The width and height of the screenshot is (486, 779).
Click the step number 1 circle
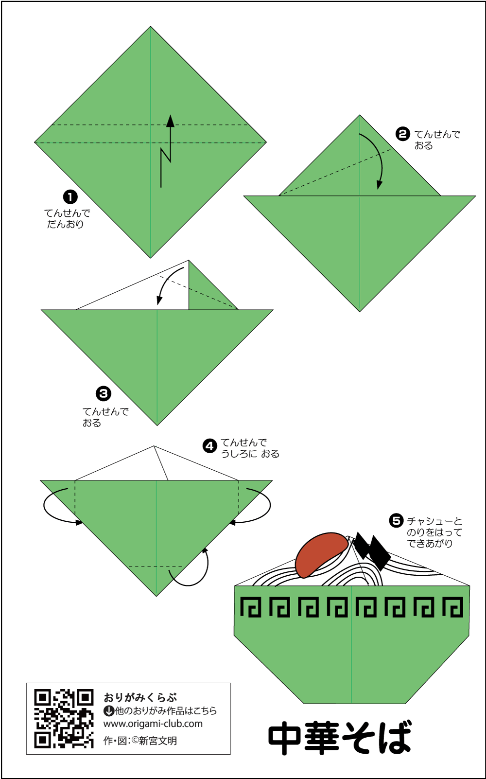[x=70, y=197]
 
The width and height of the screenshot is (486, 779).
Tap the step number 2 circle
[x=402, y=134]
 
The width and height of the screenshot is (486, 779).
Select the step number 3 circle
[x=103, y=394]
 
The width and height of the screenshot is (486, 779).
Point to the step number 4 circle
[x=209, y=446]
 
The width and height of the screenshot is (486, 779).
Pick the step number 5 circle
[x=396, y=521]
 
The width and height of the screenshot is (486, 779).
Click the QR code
[x=64, y=719]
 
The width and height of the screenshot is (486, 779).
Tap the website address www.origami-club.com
[x=153, y=724]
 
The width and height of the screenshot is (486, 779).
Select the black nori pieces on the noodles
[x=372, y=551]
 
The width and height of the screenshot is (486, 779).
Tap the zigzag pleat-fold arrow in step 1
[x=166, y=151]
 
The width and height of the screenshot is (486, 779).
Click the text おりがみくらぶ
[x=140, y=698]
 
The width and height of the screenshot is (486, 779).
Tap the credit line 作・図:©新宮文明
[x=140, y=741]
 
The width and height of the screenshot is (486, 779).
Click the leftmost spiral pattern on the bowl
[x=250, y=607]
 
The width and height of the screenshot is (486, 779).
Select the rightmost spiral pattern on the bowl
[x=452, y=607]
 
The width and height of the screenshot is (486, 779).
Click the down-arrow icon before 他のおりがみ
[x=109, y=711]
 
